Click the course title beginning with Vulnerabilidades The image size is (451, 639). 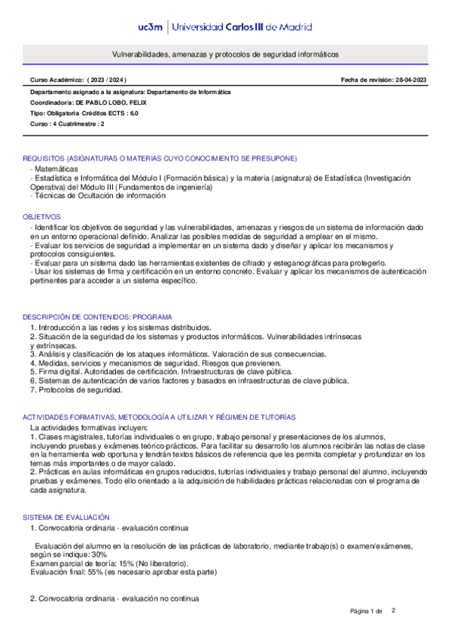click(x=225, y=55)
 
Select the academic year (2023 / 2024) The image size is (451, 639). click(x=108, y=80)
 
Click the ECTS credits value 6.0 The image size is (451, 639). click(x=133, y=112)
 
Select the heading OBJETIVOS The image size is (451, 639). click(x=40, y=216)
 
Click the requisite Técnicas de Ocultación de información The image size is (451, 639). click(x=99, y=195)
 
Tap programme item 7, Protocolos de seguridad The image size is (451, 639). click(x=75, y=390)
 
